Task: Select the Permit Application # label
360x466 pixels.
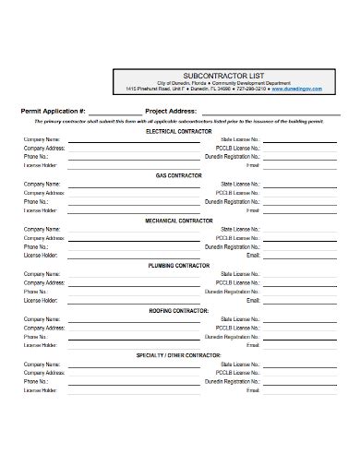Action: point(54,110)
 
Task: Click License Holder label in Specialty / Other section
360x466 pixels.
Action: point(40,391)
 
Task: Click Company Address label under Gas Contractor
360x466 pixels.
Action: point(43,193)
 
